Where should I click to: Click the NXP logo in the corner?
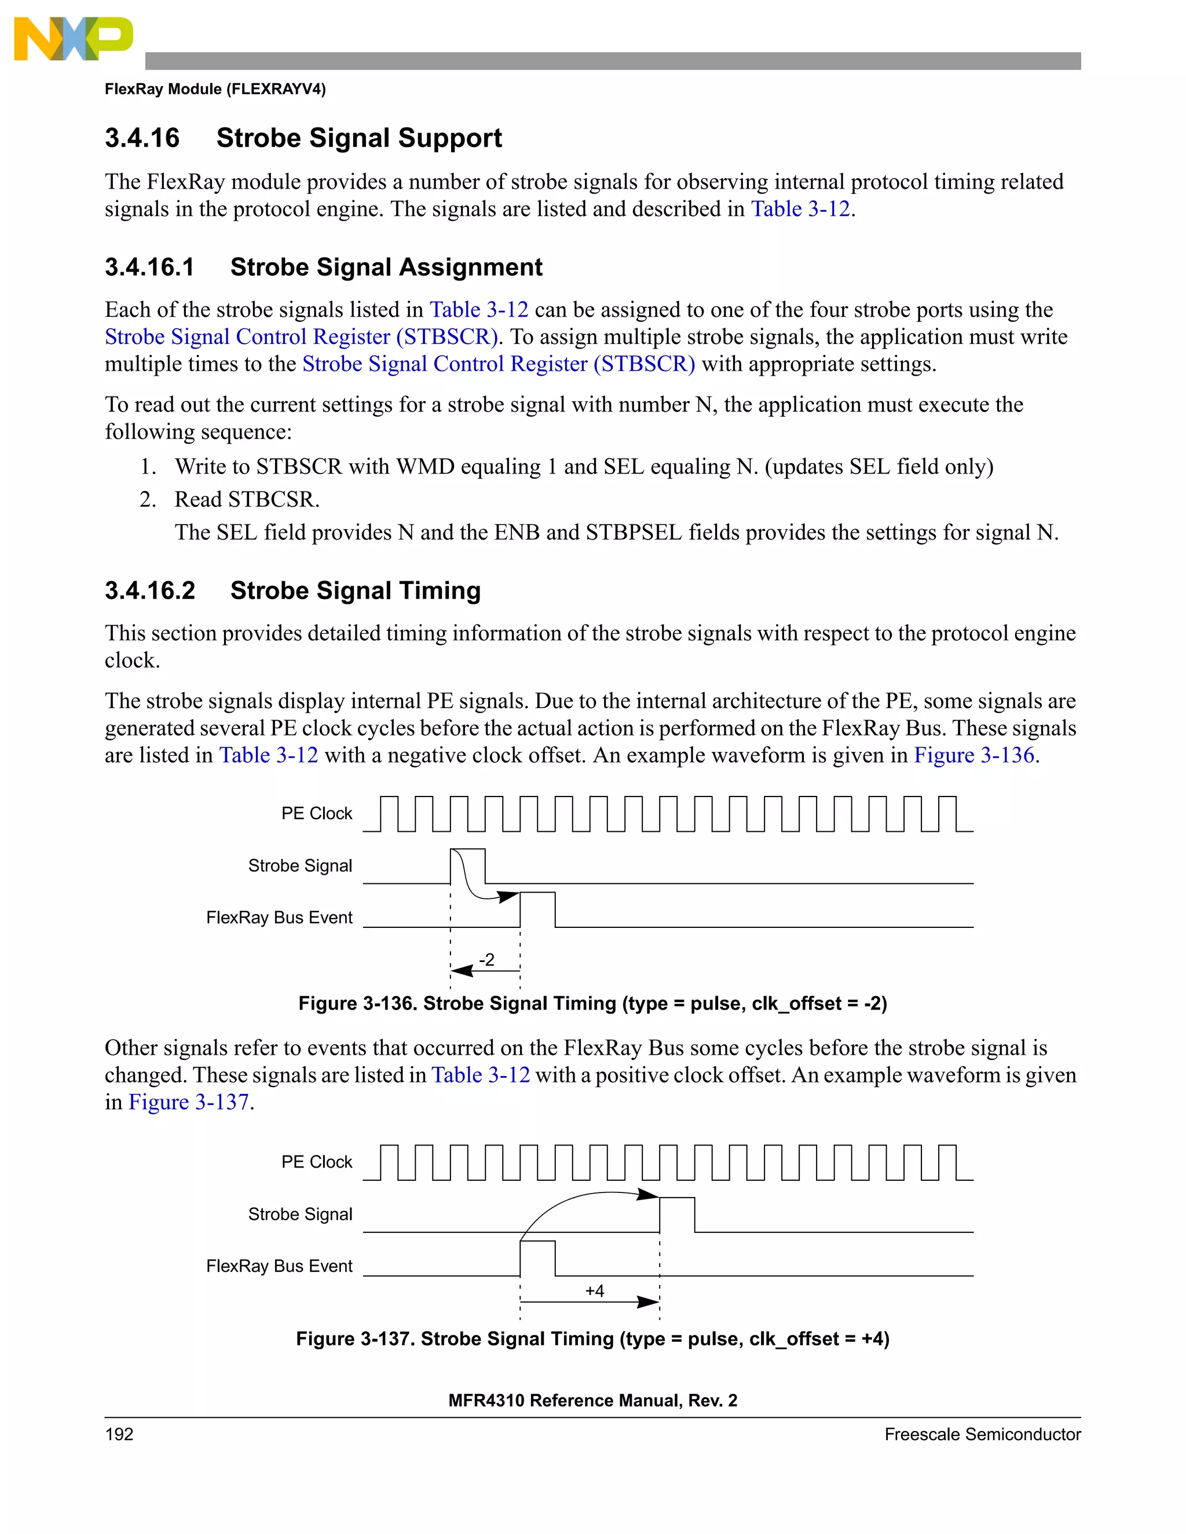tap(73, 39)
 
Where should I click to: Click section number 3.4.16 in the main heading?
tap(142, 138)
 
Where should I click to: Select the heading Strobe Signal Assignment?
tap(386, 267)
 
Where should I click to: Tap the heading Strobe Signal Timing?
tap(355, 590)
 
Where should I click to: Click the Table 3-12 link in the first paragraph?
tap(800, 210)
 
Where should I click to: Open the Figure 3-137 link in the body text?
tap(188, 1102)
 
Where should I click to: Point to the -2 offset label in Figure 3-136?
tap(486, 959)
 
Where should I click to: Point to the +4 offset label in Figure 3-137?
tap(594, 1291)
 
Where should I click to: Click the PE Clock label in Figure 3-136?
tap(316, 813)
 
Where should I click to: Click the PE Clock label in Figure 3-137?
tap(316, 1162)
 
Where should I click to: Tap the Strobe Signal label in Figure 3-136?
tap(300, 865)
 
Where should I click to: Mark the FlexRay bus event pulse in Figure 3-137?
tap(537, 1258)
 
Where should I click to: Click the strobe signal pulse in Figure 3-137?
tap(676, 1214)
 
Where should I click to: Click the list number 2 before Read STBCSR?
tap(147, 500)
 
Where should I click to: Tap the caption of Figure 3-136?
tap(592, 1003)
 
